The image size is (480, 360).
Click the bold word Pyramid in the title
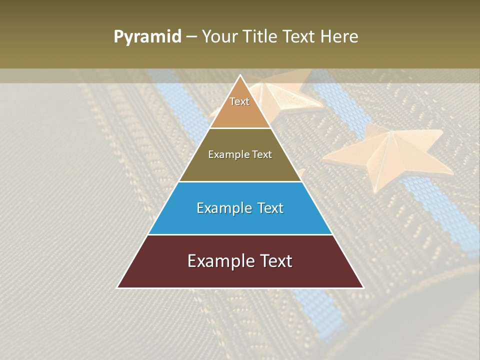(x=147, y=37)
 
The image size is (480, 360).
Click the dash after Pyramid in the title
(x=191, y=37)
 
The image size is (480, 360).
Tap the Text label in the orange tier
(x=239, y=101)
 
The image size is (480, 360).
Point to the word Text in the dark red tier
(x=275, y=261)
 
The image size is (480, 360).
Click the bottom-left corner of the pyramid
(x=118, y=287)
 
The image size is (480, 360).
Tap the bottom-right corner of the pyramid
(x=363, y=287)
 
